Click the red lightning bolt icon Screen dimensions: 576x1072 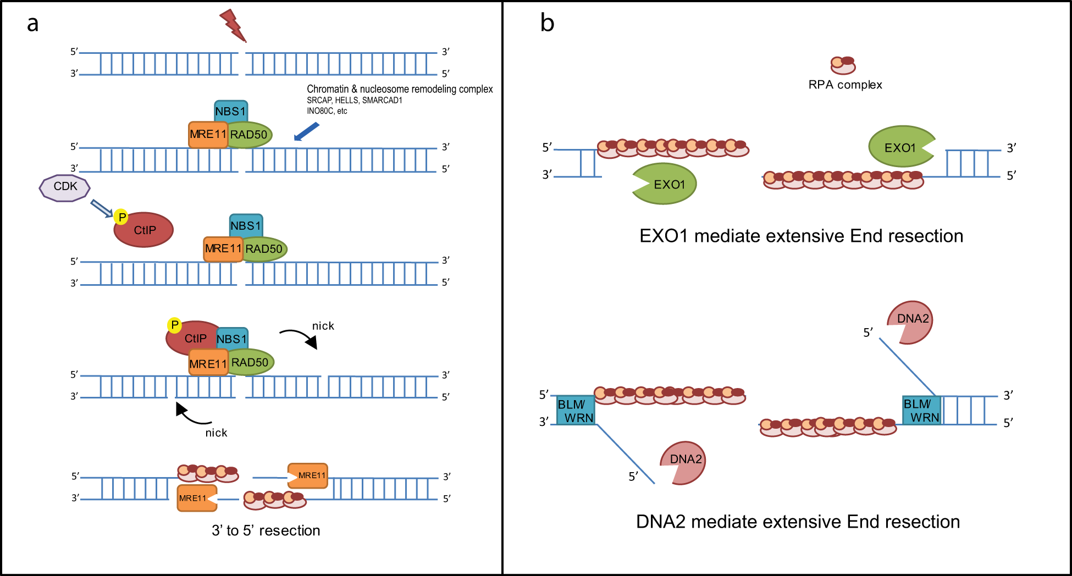point(233,25)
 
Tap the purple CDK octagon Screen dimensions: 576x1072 point(65,187)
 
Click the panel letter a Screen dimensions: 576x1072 point(32,24)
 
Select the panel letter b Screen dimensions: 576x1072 point(547,23)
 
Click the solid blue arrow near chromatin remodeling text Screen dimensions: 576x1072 point(306,132)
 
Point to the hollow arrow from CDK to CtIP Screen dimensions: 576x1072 point(101,208)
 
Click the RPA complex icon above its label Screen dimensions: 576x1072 point(843,65)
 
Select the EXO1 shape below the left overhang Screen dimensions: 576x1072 point(665,184)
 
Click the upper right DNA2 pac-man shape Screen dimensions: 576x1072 point(911,322)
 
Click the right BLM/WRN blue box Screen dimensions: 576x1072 point(921,411)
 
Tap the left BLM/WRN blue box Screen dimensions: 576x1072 point(576,411)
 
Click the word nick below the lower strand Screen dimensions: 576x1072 point(216,433)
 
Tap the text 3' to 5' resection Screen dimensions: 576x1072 point(266,530)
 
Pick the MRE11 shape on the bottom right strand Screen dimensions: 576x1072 point(308,475)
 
